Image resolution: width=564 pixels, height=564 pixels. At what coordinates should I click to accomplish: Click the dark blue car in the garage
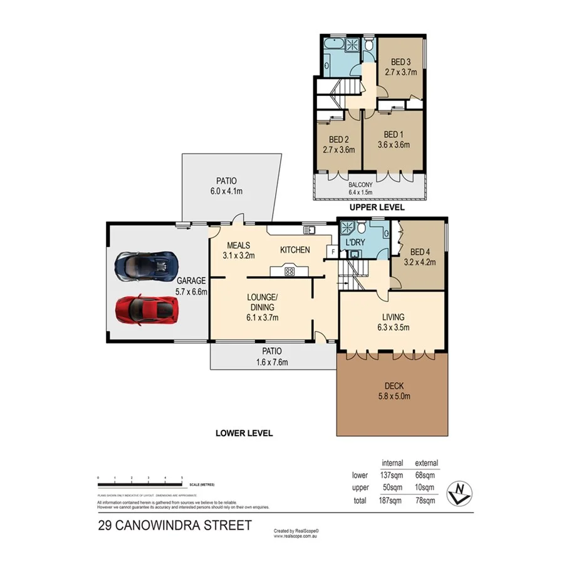pos(146,266)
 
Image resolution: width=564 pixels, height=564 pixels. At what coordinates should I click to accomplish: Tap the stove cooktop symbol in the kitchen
pos(290,271)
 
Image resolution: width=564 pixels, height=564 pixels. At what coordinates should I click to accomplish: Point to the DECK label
pos(393,386)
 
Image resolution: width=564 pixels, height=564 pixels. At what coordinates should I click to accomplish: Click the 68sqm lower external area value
pos(426,475)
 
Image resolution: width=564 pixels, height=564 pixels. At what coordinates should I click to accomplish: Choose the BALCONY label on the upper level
pos(360,184)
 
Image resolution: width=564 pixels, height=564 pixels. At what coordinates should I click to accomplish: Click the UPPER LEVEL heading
pos(377,207)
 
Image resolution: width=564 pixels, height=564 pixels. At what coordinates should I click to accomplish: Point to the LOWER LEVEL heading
pos(244,433)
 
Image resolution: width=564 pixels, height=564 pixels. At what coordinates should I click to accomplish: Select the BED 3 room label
pos(400,62)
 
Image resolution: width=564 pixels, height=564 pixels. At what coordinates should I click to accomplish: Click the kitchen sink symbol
pos(309,230)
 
